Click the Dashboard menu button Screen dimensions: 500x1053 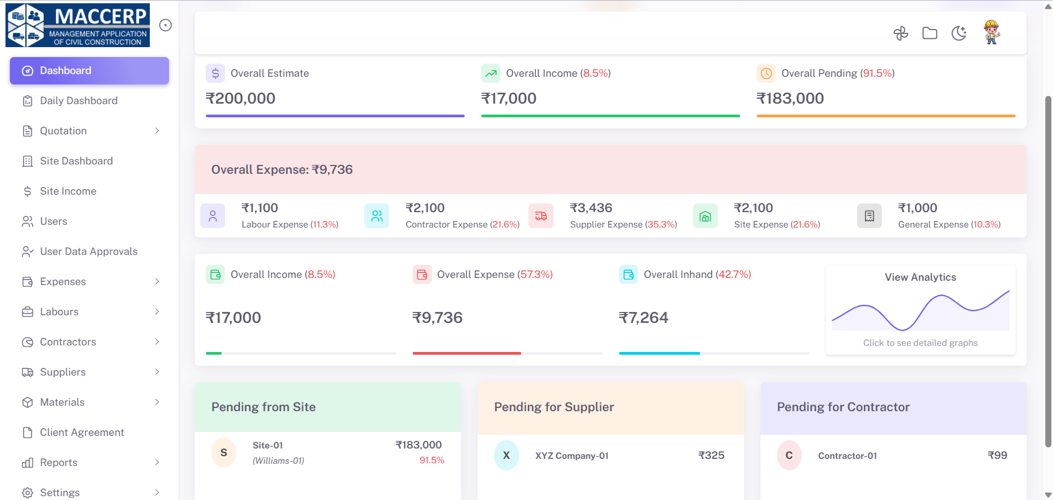point(89,71)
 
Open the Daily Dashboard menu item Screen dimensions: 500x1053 point(78,101)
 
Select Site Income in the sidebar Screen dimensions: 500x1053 point(68,191)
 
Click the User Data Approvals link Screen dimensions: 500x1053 point(88,252)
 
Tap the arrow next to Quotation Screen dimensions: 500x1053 point(157,131)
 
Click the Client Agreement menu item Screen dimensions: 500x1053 point(82,433)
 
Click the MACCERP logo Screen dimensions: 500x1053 point(77,25)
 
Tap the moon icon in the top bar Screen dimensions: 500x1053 point(959,33)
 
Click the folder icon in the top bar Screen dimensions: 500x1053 point(930,33)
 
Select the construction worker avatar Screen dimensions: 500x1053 point(991,32)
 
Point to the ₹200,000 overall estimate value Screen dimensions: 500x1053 point(240,99)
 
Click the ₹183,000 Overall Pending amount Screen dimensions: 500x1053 point(790,99)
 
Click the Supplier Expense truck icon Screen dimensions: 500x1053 point(540,216)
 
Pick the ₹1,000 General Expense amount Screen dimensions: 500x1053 point(917,208)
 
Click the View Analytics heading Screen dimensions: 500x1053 point(920,277)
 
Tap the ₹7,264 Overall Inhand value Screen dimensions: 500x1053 point(643,318)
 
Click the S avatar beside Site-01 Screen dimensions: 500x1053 point(223,453)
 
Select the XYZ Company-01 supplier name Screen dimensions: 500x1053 point(572,456)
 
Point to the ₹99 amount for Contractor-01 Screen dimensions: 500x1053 point(997,456)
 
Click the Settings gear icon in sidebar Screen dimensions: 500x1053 point(27,492)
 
